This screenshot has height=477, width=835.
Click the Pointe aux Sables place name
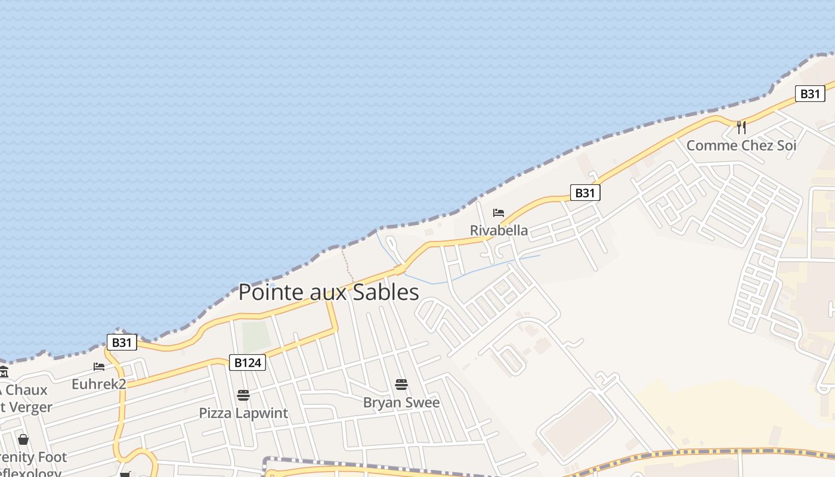pos(329,292)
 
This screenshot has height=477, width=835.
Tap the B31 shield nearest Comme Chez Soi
pos(809,94)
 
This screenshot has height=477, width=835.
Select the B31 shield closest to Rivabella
pos(584,193)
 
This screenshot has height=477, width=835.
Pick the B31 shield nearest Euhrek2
pos(122,342)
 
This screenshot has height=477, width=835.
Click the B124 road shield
pos(247,363)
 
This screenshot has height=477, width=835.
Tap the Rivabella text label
pos(499,230)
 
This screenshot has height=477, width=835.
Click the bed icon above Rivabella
pos(499,213)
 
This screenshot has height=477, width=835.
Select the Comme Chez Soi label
pos(741,145)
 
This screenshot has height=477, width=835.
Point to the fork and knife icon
pos(741,127)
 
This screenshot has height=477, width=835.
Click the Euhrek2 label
pos(99,384)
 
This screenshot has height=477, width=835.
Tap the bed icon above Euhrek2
pos(99,367)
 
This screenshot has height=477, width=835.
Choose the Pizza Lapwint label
pos(243,413)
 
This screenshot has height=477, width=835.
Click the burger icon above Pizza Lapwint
pos(243,395)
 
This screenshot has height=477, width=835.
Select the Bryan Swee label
pos(401,402)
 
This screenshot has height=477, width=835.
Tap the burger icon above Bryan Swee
pos(401,385)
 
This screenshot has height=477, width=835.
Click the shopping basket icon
pos(23,439)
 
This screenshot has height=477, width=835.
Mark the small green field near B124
pos(256,336)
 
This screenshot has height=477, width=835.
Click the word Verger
pos(30,407)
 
